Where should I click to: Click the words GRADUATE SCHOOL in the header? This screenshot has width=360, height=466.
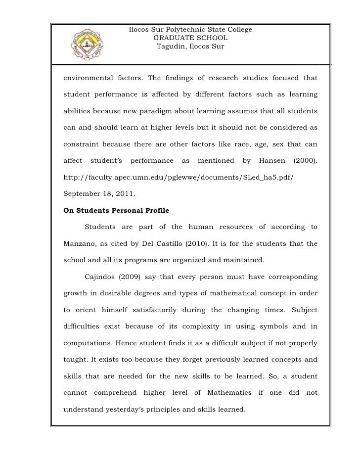(x=190, y=38)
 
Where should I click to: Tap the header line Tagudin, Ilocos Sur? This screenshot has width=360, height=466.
(x=190, y=47)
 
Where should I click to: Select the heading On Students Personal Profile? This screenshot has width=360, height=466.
(x=117, y=210)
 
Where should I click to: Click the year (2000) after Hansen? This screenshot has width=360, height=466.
(x=302, y=161)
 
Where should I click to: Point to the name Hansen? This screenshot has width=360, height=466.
(x=270, y=161)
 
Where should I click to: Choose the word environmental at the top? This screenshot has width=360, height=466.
(x=87, y=78)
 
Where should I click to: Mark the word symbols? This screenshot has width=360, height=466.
(x=264, y=326)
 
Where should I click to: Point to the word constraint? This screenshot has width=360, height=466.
(x=81, y=144)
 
